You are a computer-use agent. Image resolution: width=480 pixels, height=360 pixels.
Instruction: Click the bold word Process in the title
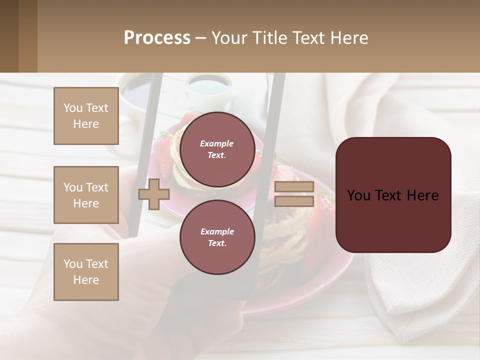(x=157, y=38)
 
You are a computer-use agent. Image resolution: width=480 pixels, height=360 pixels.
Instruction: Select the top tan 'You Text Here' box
(x=86, y=116)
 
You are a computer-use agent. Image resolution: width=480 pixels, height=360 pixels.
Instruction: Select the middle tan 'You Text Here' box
(x=86, y=195)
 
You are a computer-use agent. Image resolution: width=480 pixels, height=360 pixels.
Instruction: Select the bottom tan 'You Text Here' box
(x=86, y=272)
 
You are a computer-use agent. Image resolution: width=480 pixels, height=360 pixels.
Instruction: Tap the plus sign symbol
(x=153, y=194)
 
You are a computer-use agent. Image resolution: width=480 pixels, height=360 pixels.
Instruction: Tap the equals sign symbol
(x=294, y=194)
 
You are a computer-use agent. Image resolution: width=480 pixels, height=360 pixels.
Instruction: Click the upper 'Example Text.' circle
(x=217, y=149)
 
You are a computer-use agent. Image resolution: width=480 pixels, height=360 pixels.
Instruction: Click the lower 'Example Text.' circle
(x=217, y=237)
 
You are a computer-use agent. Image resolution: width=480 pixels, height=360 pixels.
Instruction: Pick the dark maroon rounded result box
(x=393, y=194)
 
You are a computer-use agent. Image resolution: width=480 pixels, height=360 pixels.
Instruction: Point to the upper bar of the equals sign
(x=294, y=187)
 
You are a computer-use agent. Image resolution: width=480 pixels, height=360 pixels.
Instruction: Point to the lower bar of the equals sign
(x=294, y=201)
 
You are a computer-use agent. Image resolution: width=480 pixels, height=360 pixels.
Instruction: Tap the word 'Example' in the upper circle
(x=216, y=143)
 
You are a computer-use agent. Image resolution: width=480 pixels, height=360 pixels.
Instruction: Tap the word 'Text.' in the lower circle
(x=217, y=243)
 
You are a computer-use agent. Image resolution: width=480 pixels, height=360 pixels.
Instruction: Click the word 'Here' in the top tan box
(x=86, y=124)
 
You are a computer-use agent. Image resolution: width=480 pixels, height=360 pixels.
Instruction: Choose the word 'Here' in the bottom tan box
(x=86, y=280)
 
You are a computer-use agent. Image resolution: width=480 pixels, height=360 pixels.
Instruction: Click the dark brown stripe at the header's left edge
(x=9, y=36)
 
